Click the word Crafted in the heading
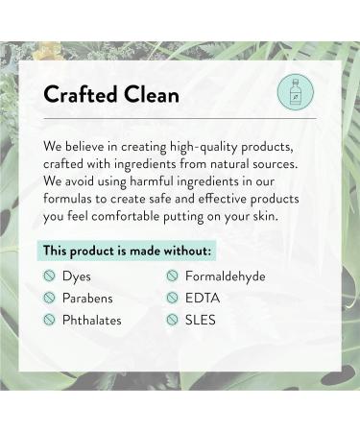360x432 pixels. pos(78,97)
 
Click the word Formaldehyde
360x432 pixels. pos(226,276)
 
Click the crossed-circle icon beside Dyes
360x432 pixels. pos(51,276)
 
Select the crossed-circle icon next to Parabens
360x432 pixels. pos(51,298)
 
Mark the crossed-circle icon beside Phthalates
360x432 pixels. pos(51,320)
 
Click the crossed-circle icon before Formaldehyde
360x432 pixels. pos(173,276)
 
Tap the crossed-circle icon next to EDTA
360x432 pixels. pos(173,298)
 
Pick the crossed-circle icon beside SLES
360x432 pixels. pos(173,320)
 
